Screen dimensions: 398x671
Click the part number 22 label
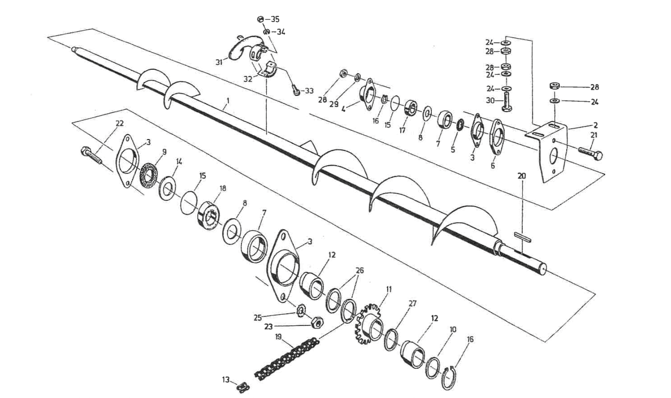[119, 123]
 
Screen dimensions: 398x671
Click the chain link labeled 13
[243, 385]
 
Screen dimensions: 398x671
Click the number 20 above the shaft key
[522, 176]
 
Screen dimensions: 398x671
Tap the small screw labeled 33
[297, 91]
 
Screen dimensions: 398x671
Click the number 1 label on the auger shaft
[228, 100]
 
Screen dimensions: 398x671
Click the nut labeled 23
[317, 323]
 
